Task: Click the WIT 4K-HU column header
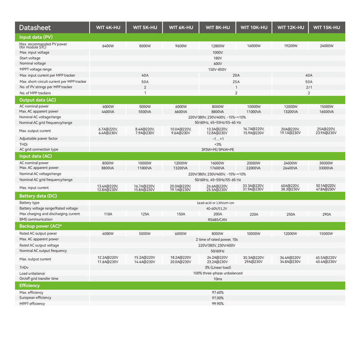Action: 108,27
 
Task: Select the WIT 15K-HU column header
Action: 326,27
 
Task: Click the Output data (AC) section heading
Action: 37,100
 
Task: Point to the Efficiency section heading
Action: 30,285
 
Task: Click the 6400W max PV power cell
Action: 108,46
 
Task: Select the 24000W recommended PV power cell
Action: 326,46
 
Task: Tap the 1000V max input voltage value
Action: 218,53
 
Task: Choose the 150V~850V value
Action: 218,69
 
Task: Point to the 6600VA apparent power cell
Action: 181,112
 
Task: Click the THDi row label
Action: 23,144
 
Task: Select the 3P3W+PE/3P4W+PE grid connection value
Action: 218,149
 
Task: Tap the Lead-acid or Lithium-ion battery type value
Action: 218,203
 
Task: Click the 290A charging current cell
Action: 326,214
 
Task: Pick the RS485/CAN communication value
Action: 218,220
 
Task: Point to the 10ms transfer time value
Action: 218,279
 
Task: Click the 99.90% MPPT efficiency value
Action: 218,304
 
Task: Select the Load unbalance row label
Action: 32,273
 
